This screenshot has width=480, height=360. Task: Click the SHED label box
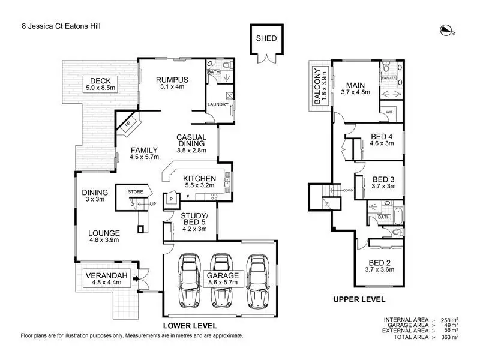click(266, 38)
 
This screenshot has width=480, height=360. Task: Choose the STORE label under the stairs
click(135, 192)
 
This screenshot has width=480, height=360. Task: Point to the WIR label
click(389, 112)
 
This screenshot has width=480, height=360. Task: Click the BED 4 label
click(382, 140)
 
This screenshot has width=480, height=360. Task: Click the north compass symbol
click(446, 29)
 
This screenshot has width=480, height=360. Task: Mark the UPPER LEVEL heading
click(361, 299)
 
